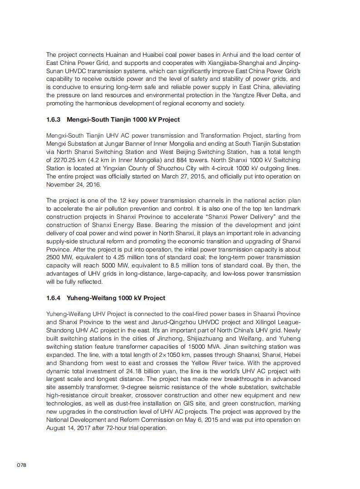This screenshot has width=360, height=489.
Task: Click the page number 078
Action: tap(21, 465)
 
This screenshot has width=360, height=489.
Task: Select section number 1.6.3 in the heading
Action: tap(54, 120)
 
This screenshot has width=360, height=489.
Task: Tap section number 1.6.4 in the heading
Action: tap(54, 298)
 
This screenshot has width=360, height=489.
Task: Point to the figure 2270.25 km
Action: tap(67, 160)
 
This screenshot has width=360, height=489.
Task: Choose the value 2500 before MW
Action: tap(54, 257)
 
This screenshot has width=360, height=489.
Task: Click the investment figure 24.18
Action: tap(131, 371)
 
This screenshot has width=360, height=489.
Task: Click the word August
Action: tap(57, 428)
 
